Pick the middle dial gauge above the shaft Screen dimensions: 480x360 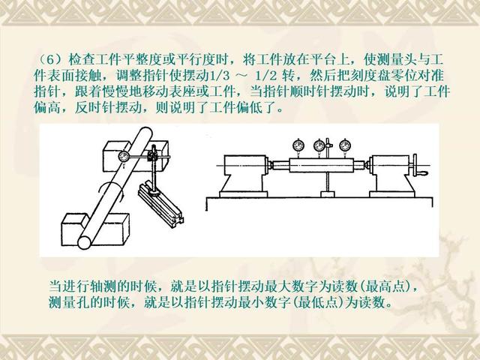pyautogui.click(x=319, y=146)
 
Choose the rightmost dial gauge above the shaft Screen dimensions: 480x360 pyautogui.click(x=345, y=146)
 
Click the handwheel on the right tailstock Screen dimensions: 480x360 pyautogui.click(x=415, y=166)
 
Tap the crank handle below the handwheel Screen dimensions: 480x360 pyautogui.click(x=423, y=174)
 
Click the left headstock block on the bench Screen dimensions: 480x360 pyautogui.click(x=244, y=176)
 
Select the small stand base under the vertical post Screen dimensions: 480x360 pyautogui.click(x=328, y=194)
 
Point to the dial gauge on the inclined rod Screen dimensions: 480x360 pyautogui.click(x=124, y=157)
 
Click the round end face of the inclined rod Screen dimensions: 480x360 pyautogui.click(x=85, y=242)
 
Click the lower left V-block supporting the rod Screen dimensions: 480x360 pyautogui.click(x=95, y=229)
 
